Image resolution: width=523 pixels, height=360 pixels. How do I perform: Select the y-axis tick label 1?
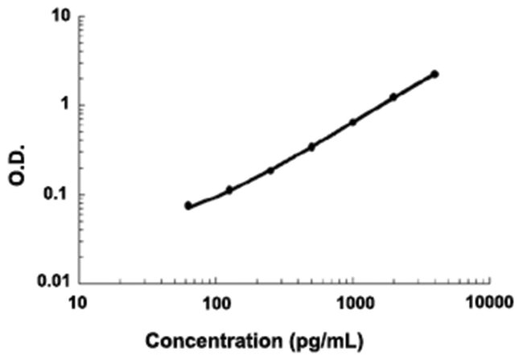(x=64, y=105)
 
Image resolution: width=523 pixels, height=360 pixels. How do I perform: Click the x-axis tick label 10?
(x=78, y=303)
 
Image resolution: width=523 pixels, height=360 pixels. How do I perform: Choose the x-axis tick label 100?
(x=216, y=303)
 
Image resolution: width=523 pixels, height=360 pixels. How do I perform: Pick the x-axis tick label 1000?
(x=352, y=303)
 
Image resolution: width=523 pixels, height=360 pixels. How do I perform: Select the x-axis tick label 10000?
(x=490, y=303)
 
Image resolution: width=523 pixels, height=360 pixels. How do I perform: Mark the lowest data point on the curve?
(x=188, y=205)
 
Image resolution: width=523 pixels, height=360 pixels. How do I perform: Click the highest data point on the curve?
(x=434, y=74)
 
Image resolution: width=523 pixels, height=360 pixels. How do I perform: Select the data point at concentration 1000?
(x=352, y=122)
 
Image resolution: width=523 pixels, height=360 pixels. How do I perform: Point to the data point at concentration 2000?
(x=393, y=97)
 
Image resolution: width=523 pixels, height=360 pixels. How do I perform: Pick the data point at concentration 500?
(x=311, y=147)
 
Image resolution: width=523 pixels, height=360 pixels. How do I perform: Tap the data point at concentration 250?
(x=270, y=170)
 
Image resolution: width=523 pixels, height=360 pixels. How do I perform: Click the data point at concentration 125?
(x=229, y=190)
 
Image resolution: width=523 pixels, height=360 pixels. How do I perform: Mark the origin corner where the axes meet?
(x=78, y=282)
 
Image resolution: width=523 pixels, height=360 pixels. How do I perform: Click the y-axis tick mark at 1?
(x=80, y=105)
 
